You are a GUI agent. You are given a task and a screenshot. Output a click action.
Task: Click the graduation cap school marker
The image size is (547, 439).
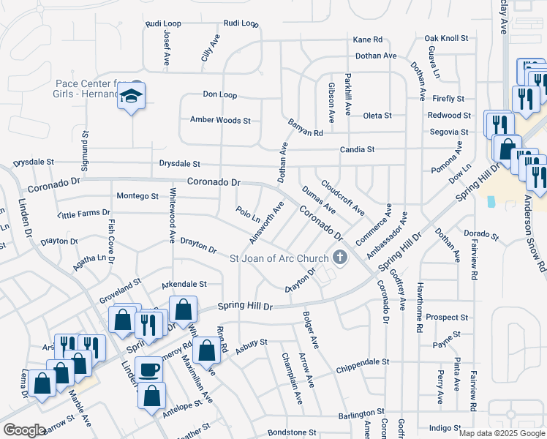[x=132, y=97]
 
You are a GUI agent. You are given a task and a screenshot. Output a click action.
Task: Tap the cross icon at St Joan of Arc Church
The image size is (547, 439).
[x=339, y=257]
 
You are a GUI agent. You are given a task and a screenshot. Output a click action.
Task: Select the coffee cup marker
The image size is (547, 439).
[x=150, y=369]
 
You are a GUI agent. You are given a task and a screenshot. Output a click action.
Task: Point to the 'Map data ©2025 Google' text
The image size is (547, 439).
[x=502, y=433]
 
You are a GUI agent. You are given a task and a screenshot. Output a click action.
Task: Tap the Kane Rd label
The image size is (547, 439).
[x=368, y=40]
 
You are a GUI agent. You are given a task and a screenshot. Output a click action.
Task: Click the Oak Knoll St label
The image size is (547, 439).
[x=446, y=39]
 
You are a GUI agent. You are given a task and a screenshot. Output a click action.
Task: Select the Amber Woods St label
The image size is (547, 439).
[x=220, y=120]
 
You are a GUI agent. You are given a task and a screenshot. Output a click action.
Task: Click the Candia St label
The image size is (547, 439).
[x=357, y=149]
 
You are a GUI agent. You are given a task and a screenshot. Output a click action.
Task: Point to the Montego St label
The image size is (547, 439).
[x=137, y=196]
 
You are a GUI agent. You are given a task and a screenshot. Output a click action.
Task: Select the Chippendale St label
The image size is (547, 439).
[x=363, y=362]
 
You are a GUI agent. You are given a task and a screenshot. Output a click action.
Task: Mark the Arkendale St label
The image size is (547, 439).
[x=184, y=284]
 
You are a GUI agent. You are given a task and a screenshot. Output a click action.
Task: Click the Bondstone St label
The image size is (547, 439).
[x=291, y=432]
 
